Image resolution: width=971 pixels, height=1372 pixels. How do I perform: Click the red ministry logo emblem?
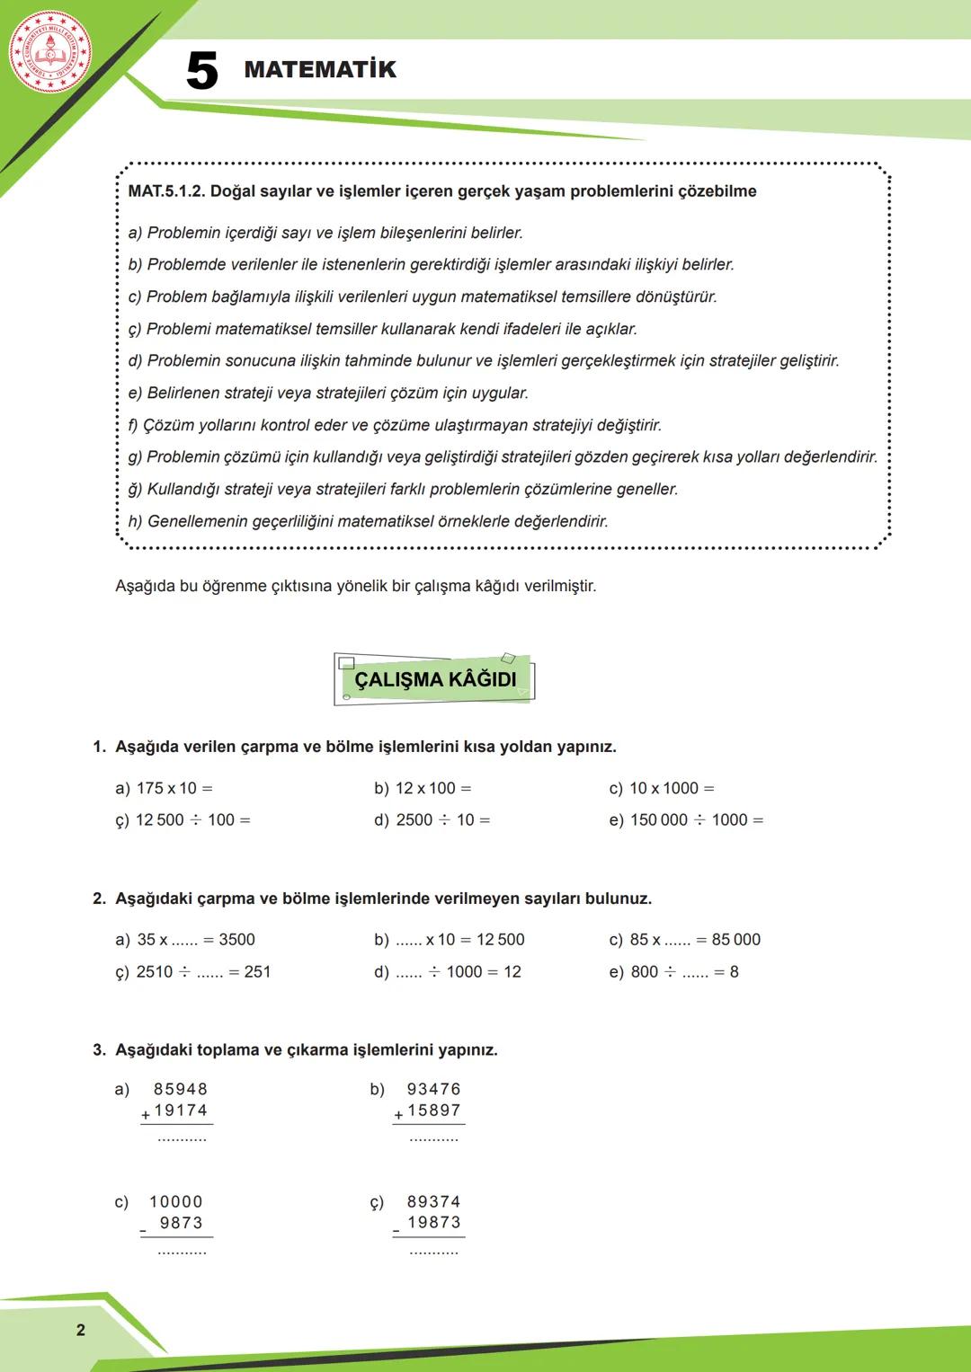coord(50,51)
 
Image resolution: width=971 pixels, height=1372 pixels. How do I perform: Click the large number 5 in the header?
coord(202,71)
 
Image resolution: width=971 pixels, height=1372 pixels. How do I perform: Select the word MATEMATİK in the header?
coord(320,69)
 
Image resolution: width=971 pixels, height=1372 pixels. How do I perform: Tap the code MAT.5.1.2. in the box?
coord(166,191)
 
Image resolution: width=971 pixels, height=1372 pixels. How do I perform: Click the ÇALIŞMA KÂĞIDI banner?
coord(435,679)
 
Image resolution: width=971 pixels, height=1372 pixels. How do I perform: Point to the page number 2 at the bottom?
coord(81,1330)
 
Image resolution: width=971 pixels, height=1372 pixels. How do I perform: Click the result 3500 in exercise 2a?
coord(236,939)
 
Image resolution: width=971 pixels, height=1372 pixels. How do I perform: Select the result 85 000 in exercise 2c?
coord(735,939)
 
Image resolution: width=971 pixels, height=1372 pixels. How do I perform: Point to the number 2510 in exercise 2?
coord(155,971)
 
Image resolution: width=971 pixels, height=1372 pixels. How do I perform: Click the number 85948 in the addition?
coord(181,1089)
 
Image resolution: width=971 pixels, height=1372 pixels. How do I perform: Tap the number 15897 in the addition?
coord(434,1111)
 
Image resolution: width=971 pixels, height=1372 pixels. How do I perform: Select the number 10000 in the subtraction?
coord(176,1201)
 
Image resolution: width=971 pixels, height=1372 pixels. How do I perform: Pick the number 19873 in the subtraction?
coord(434,1222)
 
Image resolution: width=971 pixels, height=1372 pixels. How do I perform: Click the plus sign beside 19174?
coord(146,1115)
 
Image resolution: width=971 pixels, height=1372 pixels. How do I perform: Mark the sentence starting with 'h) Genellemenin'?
coord(369,521)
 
